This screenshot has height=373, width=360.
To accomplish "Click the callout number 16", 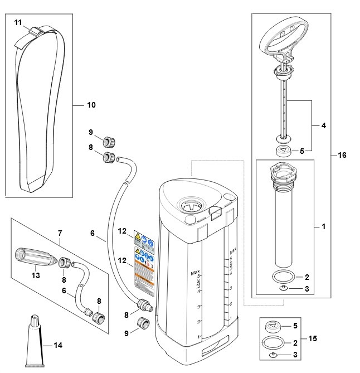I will tap(342, 154).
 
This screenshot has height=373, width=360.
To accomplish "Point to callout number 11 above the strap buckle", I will tap(18, 22).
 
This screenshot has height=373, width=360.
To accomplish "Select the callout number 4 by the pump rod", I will tap(324, 125).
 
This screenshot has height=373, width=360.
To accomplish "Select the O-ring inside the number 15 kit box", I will tap(274, 341).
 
